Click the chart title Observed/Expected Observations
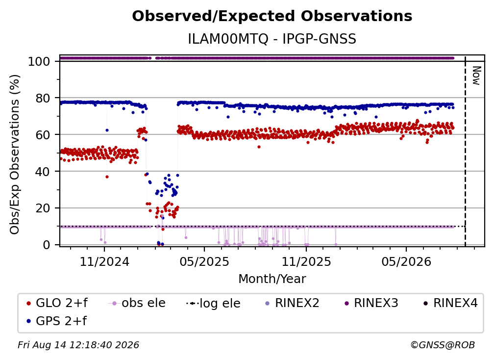coord(272,16)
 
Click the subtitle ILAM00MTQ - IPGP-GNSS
coord(272,39)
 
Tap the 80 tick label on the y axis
coord(43,98)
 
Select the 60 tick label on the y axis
coord(43,134)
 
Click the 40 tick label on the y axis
coord(43,172)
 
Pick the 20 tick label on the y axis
coord(43,208)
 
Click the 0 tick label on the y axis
coord(47,245)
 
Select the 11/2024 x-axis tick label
coord(104,261)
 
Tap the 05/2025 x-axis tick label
coord(204,261)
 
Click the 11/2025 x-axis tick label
coord(306,261)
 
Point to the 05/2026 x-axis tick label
coord(406,261)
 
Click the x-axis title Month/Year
coord(272,279)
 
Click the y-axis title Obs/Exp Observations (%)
coord(15,154)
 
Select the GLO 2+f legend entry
coord(57,303)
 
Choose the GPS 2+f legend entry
coord(57,321)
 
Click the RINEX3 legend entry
coord(371,303)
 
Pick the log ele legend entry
coord(213,303)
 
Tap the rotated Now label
coord(476,76)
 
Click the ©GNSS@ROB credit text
coord(443,345)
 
